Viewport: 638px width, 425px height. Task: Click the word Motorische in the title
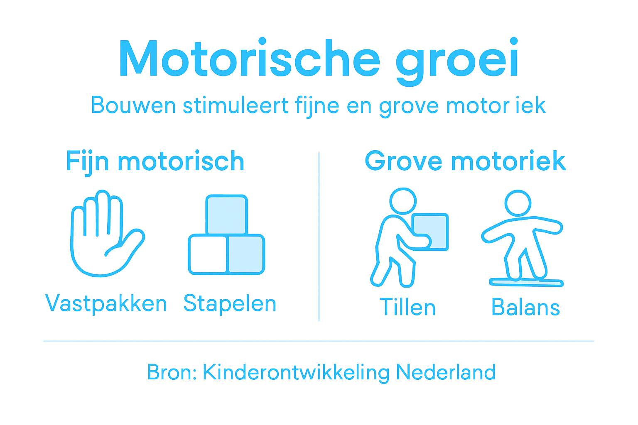pos(249,59)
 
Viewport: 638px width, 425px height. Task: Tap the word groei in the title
pos(457,61)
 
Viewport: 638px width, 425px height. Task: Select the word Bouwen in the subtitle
pos(133,105)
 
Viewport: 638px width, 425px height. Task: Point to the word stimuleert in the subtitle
pos(236,105)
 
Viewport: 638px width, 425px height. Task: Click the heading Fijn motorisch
pos(155,161)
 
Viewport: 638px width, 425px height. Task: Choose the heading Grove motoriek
pos(465,161)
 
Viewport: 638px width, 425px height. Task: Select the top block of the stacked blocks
pos(227,215)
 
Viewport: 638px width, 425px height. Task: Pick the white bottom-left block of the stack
pos(207,254)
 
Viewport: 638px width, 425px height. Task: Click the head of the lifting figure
pos(403,201)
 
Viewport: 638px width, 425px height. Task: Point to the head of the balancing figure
pos(518,203)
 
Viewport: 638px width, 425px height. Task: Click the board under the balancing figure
pos(526,283)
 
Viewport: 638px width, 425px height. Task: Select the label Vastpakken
pos(106,303)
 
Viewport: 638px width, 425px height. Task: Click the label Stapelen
pos(230,303)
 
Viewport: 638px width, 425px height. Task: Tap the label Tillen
pos(408,308)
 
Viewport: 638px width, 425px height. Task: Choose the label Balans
pos(525,308)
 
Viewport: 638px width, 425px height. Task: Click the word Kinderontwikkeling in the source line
pos(296,372)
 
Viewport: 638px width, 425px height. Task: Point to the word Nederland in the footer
pos(446,372)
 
